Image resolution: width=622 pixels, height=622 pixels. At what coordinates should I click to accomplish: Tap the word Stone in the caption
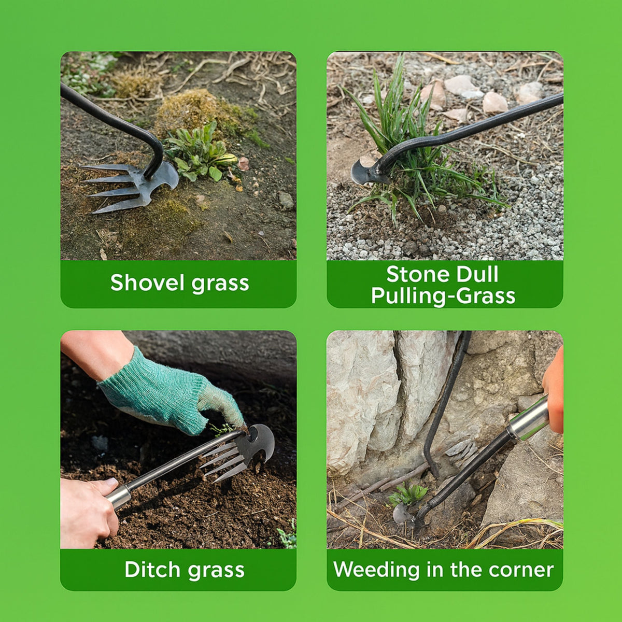tap(413, 274)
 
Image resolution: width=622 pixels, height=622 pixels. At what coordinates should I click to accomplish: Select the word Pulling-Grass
tap(443, 296)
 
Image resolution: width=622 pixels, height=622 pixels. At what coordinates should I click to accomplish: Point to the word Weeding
tap(377, 570)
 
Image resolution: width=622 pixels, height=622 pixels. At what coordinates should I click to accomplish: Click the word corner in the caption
tap(521, 570)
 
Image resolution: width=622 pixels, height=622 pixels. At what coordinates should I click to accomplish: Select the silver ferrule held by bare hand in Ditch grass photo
tap(119, 496)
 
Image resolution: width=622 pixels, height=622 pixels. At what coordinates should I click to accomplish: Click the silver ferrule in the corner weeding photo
tap(527, 419)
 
